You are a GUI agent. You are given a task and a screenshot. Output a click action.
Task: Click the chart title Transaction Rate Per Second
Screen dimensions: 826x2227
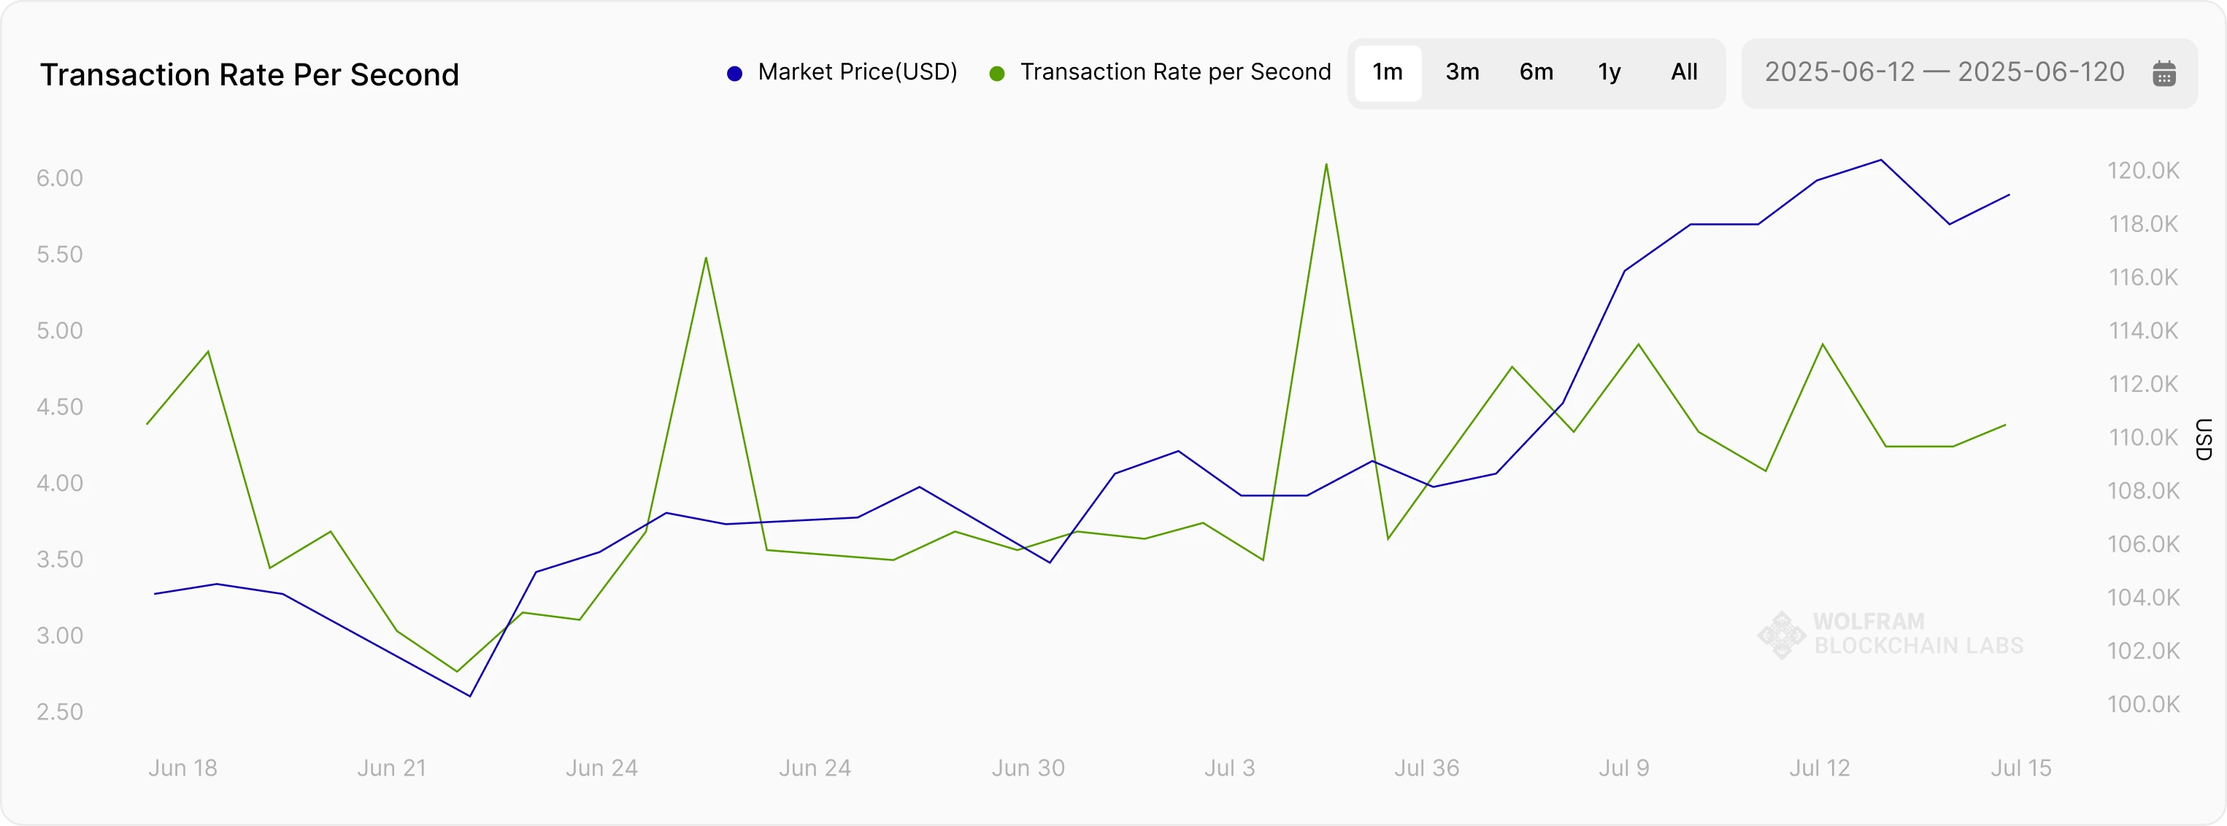click(249, 75)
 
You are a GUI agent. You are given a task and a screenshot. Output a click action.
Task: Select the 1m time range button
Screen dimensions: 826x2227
click(1388, 72)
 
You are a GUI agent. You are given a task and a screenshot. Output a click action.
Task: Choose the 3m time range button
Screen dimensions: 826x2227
click(1462, 72)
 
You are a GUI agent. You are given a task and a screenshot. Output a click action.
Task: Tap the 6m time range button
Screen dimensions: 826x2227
click(1536, 72)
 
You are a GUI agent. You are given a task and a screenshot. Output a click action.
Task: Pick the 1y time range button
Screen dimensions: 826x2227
click(1609, 72)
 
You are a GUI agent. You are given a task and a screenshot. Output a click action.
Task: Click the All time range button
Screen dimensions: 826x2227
click(1684, 72)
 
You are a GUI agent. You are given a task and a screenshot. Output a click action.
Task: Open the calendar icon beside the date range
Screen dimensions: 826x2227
click(2164, 74)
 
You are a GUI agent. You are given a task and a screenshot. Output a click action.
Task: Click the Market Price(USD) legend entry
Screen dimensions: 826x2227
click(857, 72)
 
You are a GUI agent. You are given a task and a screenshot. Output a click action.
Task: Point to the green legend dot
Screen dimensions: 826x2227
click(997, 74)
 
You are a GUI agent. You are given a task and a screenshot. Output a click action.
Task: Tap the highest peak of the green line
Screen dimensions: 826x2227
click(1326, 164)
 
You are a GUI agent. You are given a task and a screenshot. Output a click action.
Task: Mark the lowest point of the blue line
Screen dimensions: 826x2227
click(470, 695)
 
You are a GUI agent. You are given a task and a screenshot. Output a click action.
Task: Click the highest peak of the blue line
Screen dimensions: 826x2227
click(1881, 160)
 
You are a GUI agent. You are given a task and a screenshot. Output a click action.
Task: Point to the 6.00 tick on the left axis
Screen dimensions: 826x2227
click(60, 178)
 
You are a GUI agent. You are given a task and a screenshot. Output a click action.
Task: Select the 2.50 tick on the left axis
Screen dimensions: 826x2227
click(60, 712)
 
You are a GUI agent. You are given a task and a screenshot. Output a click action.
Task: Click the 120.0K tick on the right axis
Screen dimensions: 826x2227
click(2143, 170)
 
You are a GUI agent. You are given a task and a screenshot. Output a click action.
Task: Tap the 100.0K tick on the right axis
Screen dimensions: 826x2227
click(2143, 704)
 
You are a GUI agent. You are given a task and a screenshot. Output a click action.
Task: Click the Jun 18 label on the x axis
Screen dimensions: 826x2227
click(182, 768)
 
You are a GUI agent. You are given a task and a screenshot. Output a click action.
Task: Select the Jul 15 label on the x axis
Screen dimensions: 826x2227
click(2020, 768)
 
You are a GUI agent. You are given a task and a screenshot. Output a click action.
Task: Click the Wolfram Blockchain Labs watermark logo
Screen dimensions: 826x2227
click(1782, 635)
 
